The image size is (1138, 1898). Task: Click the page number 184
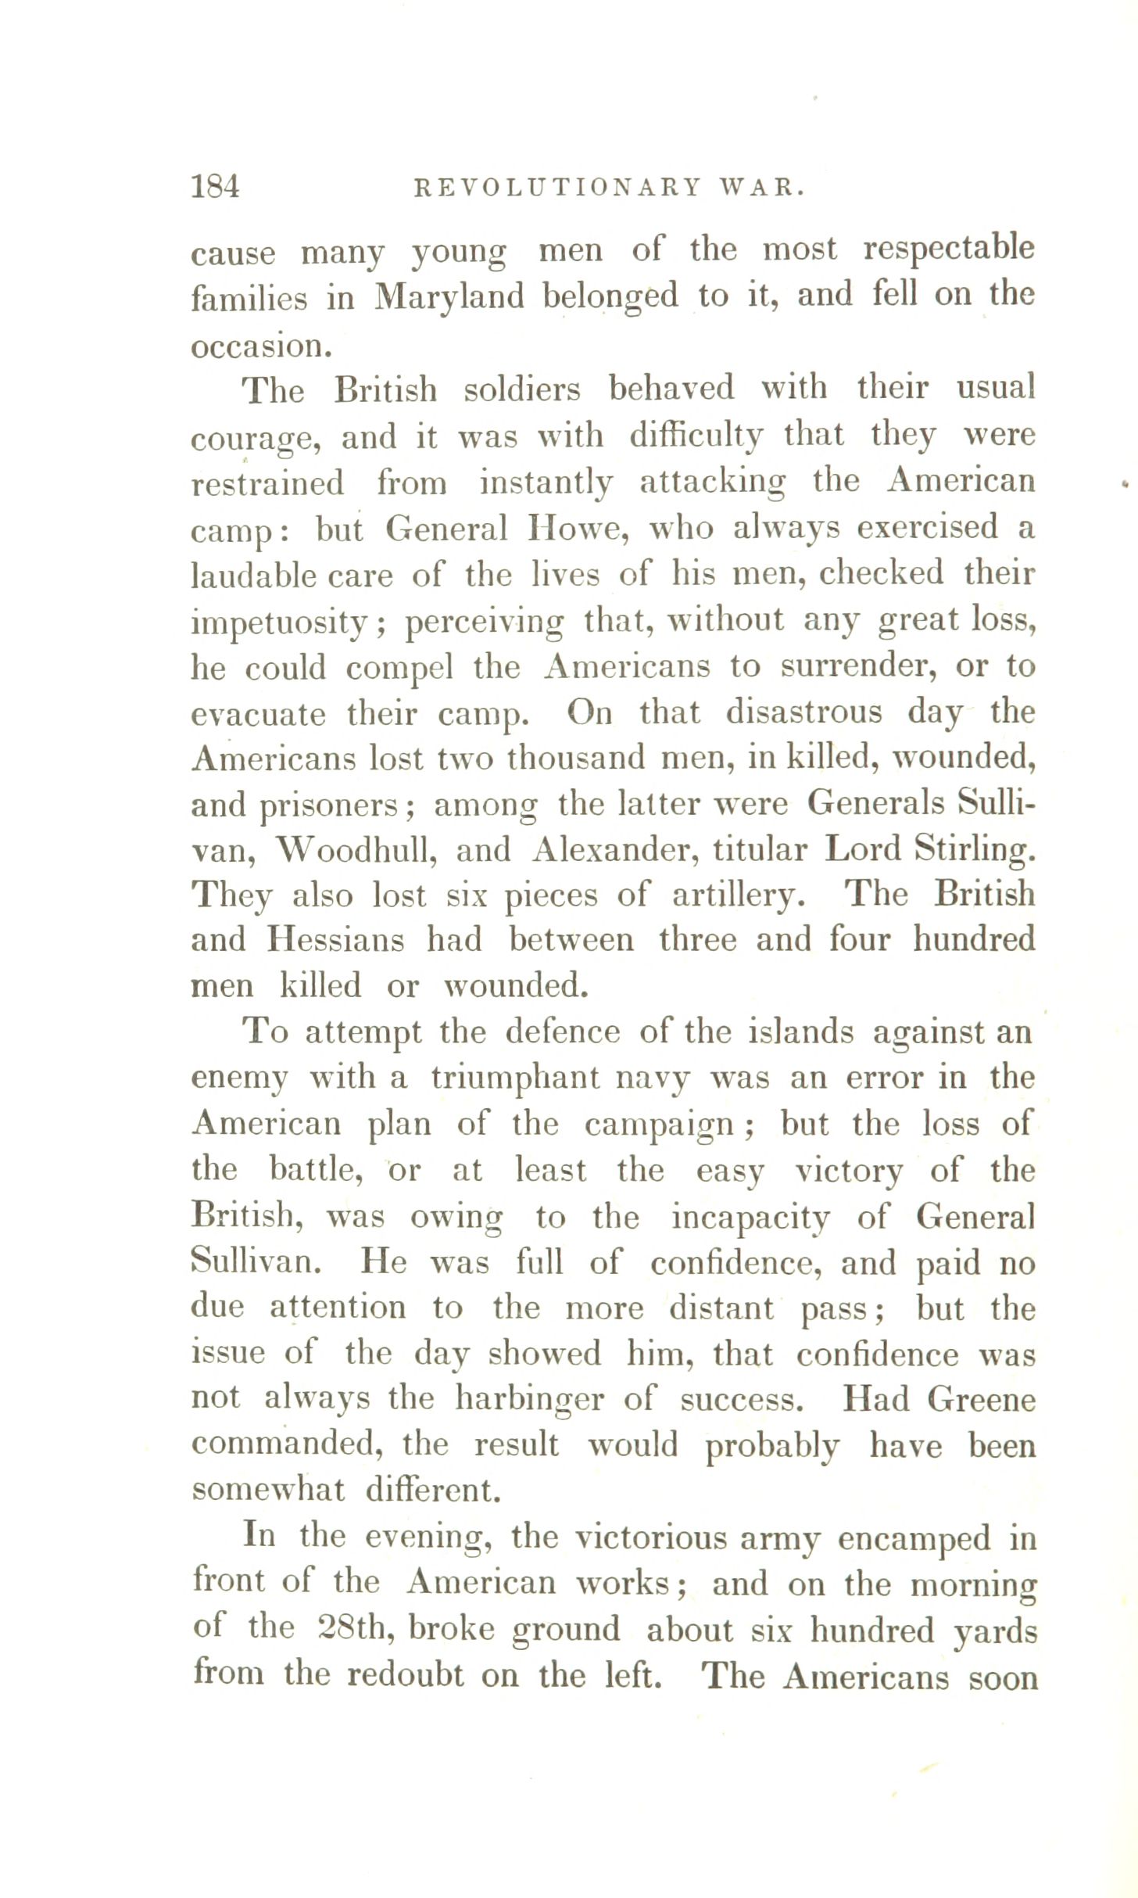(215, 186)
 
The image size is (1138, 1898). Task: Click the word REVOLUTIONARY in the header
(556, 188)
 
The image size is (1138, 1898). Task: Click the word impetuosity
(280, 623)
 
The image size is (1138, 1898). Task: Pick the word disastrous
(803, 713)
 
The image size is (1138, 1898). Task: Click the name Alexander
(614, 851)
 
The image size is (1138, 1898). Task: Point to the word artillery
(739, 896)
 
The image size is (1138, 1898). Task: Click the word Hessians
(336, 940)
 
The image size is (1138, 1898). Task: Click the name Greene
(981, 1399)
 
